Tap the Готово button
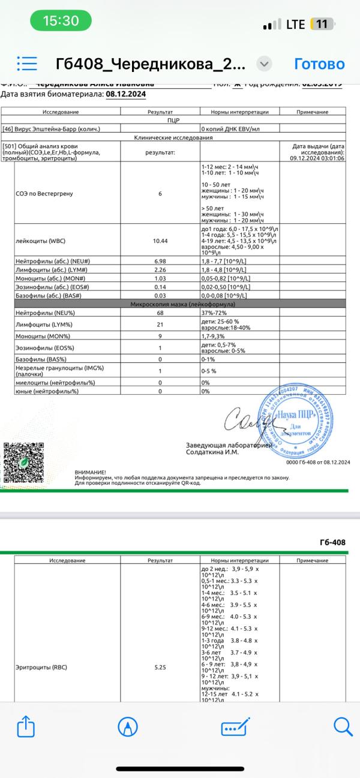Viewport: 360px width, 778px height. pyautogui.click(x=319, y=64)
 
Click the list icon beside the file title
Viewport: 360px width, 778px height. pyautogui.click(x=28, y=64)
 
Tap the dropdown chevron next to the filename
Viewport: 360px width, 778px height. pyautogui.click(x=265, y=64)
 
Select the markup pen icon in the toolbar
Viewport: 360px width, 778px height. pyautogui.click(x=128, y=727)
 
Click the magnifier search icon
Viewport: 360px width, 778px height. pyautogui.click(x=343, y=727)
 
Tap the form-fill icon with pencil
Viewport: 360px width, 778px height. pyautogui.click(x=235, y=727)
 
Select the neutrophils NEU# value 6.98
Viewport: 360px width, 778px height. pyautogui.click(x=160, y=262)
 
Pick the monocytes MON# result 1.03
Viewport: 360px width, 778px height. pyautogui.click(x=160, y=279)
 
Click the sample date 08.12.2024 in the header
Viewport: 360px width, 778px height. pyautogui.click(x=125, y=94)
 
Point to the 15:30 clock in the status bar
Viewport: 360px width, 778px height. pyautogui.click(x=61, y=21)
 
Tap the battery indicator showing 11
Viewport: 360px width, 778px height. pyautogui.click(x=322, y=24)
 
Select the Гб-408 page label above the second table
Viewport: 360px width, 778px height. pyautogui.click(x=333, y=542)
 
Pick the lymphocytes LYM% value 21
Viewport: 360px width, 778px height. pyautogui.click(x=160, y=325)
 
